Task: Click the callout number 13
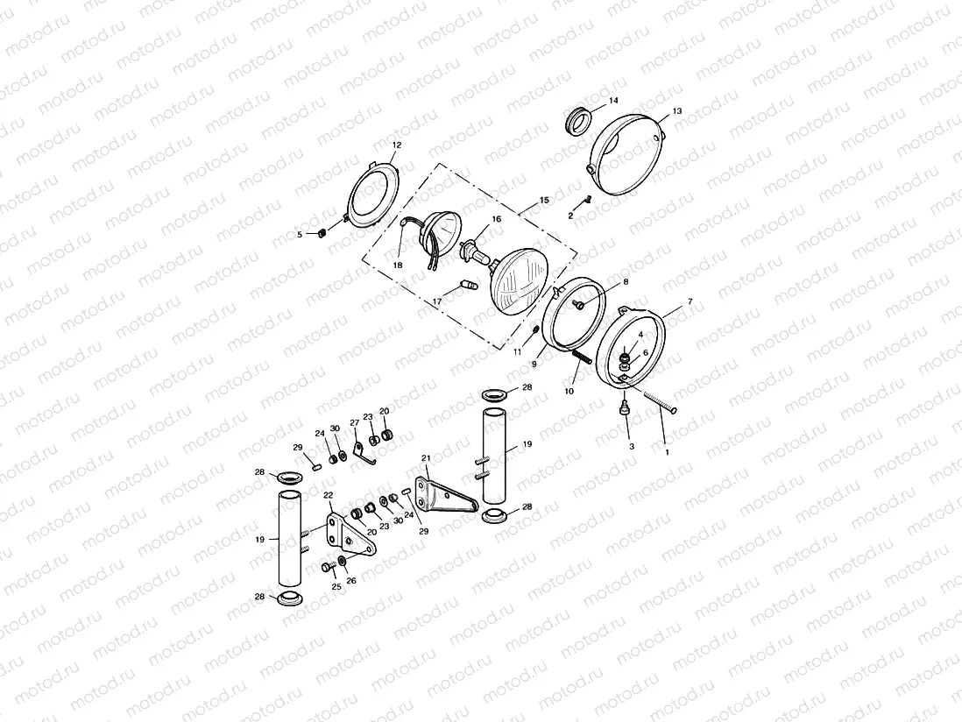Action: (x=676, y=112)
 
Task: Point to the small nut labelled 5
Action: (x=321, y=233)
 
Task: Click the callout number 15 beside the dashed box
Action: (x=544, y=201)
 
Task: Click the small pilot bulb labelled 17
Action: (x=467, y=286)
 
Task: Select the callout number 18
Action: (x=397, y=265)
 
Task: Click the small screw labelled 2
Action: (x=589, y=200)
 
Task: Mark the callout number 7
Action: (x=690, y=301)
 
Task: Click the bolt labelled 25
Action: (x=327, y=568)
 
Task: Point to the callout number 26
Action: (x=351, y=580)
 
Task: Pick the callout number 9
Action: (x=534, y=364)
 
